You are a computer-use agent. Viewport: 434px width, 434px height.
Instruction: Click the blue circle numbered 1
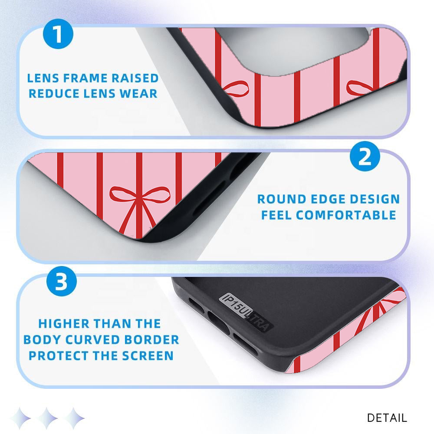pyautogui.click(x=58, y=34)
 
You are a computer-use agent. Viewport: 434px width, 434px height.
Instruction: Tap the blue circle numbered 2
pyautogui.click(x=365, y=156)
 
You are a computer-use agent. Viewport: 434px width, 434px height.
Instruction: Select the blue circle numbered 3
pyautogui.click(x=62, y=281)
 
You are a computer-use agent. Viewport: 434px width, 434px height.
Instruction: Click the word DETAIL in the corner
pyautogui.click(x=387, y=418)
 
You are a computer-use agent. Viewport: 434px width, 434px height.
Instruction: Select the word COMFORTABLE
pyautogui.click(x=346, y=215)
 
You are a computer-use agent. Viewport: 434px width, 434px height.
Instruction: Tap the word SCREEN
pyautogui.click(x=148, y=356)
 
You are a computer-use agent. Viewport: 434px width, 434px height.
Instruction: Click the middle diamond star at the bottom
pyautogui.click(x=47, y=418)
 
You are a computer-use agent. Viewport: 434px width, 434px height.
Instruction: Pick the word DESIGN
pyautogui.click(x=375, y=199)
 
